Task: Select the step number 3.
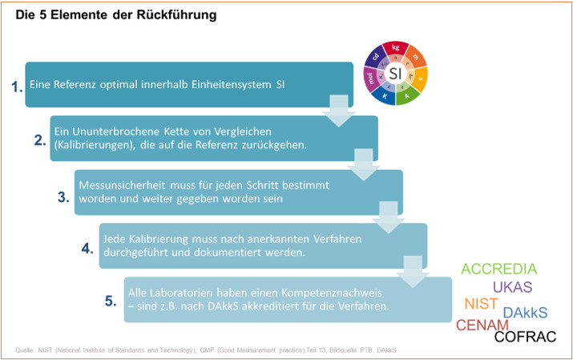click(63, 196)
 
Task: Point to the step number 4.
click(87, 249)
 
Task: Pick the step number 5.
click(111, 301)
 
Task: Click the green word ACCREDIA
click(499, 269)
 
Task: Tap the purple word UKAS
click(512, 287)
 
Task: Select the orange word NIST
click(481, 305)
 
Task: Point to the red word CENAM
click(482, 326)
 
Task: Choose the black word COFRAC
click(525, 337)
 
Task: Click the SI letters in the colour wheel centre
click(396, 74)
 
